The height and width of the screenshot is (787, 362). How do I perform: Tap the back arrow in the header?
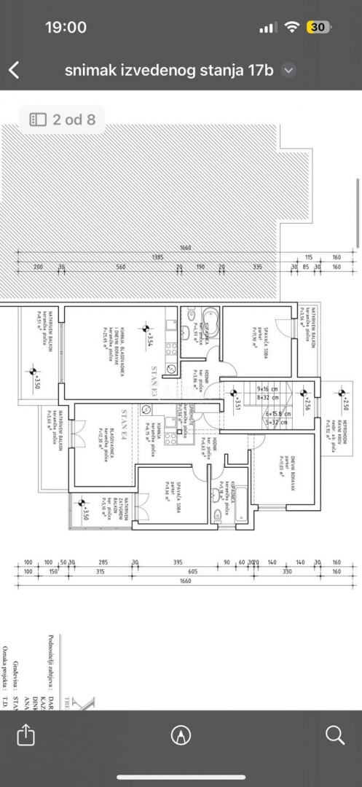tap(14, 70)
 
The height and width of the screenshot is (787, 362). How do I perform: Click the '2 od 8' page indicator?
tap(62, 119)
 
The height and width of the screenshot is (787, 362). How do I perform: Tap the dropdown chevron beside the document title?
tap(288, 70)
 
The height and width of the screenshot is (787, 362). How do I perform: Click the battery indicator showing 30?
tap(317, 27)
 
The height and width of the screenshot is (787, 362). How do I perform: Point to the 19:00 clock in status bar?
tap(66, 27)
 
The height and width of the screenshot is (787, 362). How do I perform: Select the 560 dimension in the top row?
tap(121, 267)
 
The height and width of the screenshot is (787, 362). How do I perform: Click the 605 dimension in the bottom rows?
tap(192, 572)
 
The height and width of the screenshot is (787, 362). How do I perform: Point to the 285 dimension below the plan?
tap(103, 563)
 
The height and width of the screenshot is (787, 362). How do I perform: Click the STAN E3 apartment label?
tap(155, 380)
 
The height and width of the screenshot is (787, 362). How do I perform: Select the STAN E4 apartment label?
tap(125, 425)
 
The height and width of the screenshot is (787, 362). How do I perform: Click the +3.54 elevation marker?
tap(149, 339)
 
